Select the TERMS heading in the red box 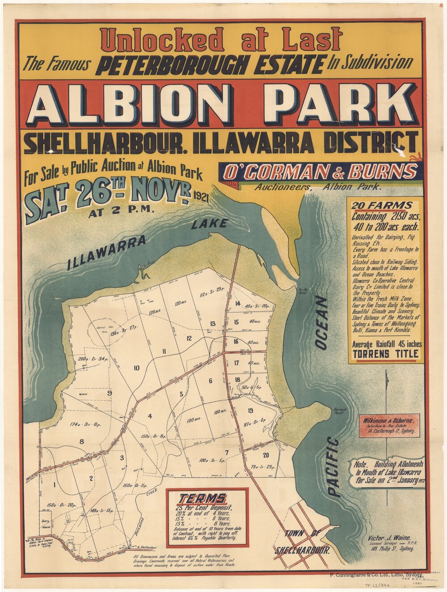tap(202, 499)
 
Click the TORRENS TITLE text tap(386, 354)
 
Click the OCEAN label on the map tap(321, 322)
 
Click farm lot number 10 tap(137, 368)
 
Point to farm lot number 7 tap(227, 453)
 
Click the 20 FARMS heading tap(381, 206)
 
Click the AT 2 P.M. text tap(121, 213)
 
